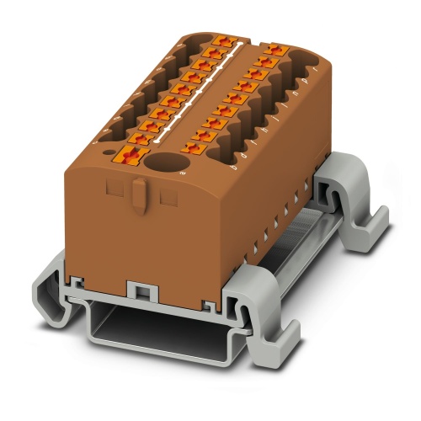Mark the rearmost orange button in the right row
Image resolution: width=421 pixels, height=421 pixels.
(x=271, y=51)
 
